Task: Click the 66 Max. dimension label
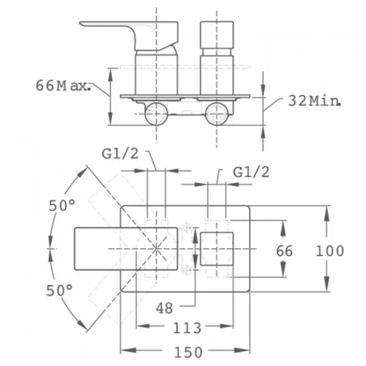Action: pyautogui.click(x=63, y=86)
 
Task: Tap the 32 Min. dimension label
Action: pyautogui.click(x=314, y=100)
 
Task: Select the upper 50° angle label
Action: pyautogui.click(x=62, y=206)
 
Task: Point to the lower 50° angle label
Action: pyautogui.click(x=59, y=291)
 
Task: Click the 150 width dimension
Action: pyautogui.click(x=188, y=352)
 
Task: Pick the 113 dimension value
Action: pyautogui.click(x=187, y=328)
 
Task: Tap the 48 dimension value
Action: pyautogui.click(x=165, y=308)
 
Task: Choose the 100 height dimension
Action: pyautogui.click(x=330, y=251)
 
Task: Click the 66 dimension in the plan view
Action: pyautogui.click(x=284, y=251)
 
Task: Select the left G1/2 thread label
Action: pyautogui.click(x=120, y=154)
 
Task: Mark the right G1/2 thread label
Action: pyautogui.click(x=251, y=172)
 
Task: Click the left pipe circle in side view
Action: pyautogui.click(x=156, y=114)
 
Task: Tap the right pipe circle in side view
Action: pyautogui.click(x=217, y=114)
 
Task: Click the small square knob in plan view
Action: pyautogui.click(x=217, y=249)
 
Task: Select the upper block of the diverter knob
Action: pyautogui.click(x=217, y=35)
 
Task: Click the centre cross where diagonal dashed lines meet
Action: pyautogui.click(x=156, y=249)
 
